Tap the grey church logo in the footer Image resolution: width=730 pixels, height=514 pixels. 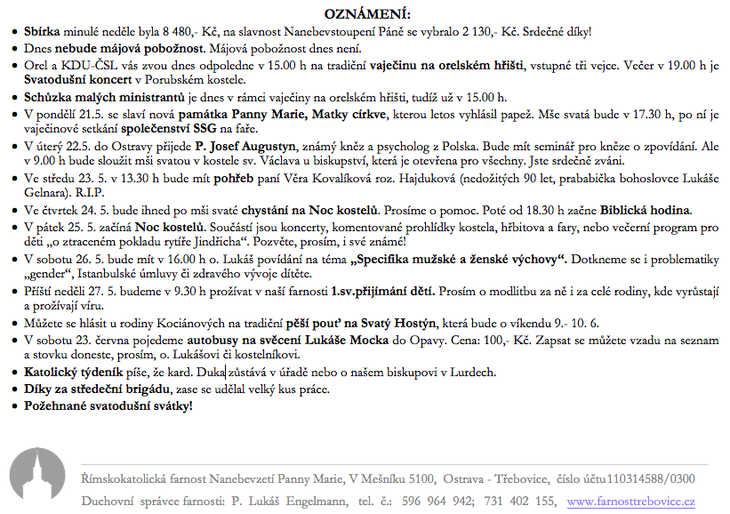[38, 480]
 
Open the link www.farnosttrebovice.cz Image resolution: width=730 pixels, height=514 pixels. [631, 502]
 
